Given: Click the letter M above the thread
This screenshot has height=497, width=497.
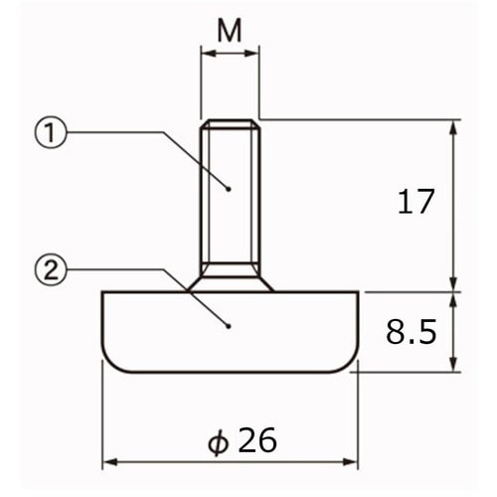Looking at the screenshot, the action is tap(230, 30).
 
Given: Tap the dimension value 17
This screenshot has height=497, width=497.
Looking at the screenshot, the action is tap(415, 201).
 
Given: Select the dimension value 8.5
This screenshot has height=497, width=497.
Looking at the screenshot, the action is tap(412, 331).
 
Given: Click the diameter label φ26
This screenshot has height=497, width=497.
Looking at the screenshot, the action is tap(243, 440).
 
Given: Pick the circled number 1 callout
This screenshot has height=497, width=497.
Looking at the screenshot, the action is tap(51, 132).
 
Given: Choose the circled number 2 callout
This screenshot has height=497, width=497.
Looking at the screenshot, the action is tap(51, 270).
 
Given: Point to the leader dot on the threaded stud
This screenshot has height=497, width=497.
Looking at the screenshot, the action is tap(229, 189).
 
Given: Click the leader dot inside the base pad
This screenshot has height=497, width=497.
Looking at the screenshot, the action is tap(229, 326).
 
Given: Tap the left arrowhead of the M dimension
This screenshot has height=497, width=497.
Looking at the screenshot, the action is tap(208, 53).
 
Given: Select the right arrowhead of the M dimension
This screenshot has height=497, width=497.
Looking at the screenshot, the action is tap(251, 53).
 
